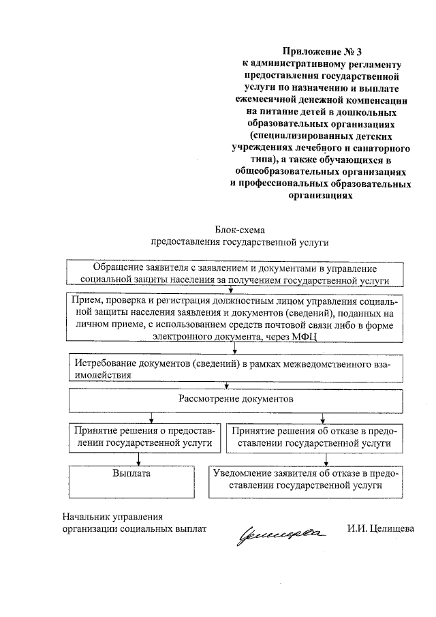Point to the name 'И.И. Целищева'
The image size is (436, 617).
[379, 528]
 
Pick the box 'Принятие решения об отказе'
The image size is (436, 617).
[314, 436]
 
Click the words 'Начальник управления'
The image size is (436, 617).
[112, 516]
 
